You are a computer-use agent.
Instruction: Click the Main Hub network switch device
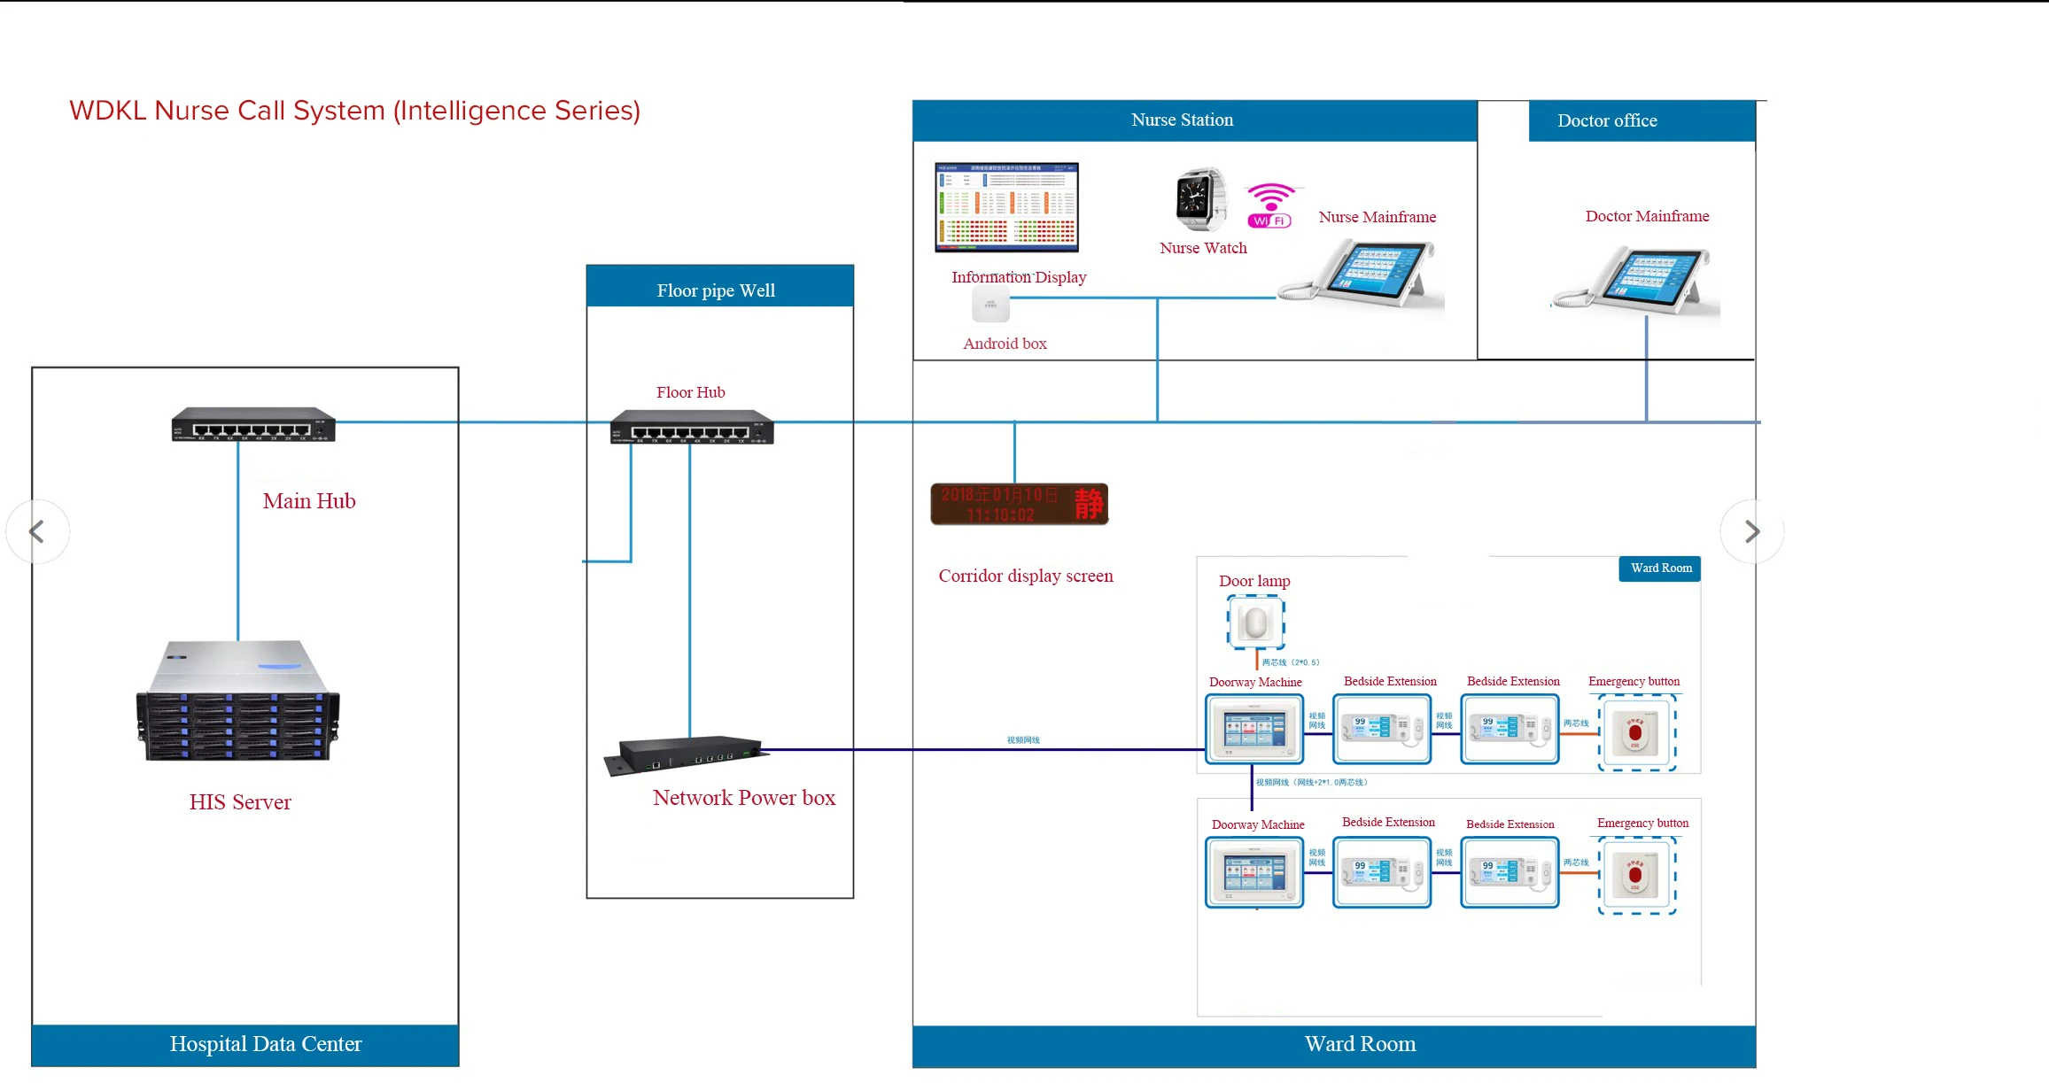point(253,425)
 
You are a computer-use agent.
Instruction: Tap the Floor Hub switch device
point(692,428)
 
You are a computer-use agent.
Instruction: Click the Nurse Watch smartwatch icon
point(1200,199)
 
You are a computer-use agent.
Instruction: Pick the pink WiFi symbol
point(1270,205)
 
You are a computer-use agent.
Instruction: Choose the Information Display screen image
point(1006,207)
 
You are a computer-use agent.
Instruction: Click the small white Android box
point(990,306)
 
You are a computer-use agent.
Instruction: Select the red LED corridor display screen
point(1019,504)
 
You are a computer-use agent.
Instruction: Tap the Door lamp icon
point(1255,623)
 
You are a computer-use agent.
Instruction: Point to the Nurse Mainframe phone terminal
point(1362,275)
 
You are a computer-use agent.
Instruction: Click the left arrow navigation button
point(37,532)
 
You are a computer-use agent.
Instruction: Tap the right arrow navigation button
point(1751,532)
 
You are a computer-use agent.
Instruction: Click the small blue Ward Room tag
point(1660,569)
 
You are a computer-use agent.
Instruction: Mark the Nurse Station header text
point(1182,120)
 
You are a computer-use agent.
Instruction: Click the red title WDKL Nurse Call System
point(354,111)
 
